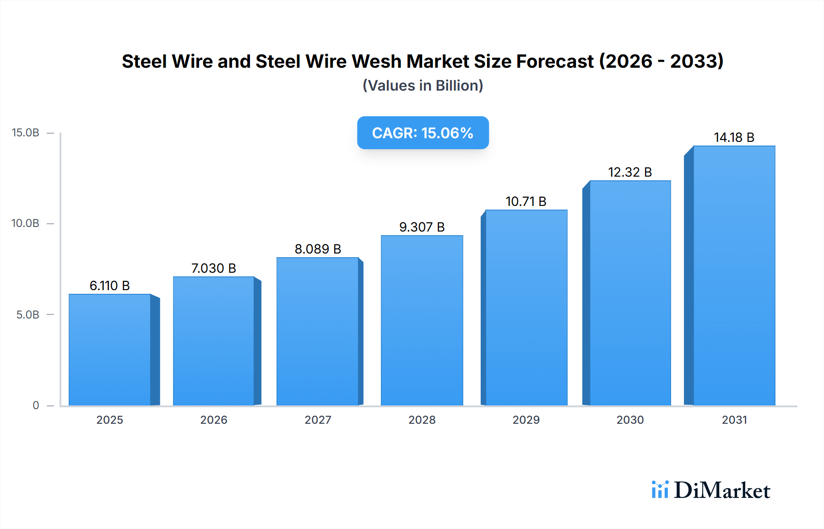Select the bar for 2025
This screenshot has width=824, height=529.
[x=110, y=350]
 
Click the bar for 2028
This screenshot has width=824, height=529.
[x=422, y=320]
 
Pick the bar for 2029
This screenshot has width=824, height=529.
[x=526, y=308]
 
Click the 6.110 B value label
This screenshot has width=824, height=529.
[x=110, y=286]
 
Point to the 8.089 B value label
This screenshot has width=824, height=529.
[x=318, y=249]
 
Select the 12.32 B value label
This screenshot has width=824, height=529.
[x=630, y=172]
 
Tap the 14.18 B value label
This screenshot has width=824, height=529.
[x=734, y=137]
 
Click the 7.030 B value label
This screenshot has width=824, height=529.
[x=213, y=268]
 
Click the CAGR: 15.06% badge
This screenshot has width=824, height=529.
[x=423, y=133]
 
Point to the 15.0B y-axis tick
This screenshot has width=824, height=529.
[x=26, y=133]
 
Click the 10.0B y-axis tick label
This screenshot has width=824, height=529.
[x=26, y=223]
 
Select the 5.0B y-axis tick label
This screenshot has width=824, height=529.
[x=28, y=315]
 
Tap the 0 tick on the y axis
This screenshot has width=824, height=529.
[x=36, y=405]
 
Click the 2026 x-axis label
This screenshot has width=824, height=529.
[x=213, y=420]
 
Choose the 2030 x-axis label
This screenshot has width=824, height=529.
[x=630, y=420]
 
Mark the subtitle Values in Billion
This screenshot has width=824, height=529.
[x=423, y=86]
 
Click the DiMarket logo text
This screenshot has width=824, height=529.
[x=722, y=491]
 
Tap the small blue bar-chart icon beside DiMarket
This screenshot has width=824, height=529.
[x=660, y=490]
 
